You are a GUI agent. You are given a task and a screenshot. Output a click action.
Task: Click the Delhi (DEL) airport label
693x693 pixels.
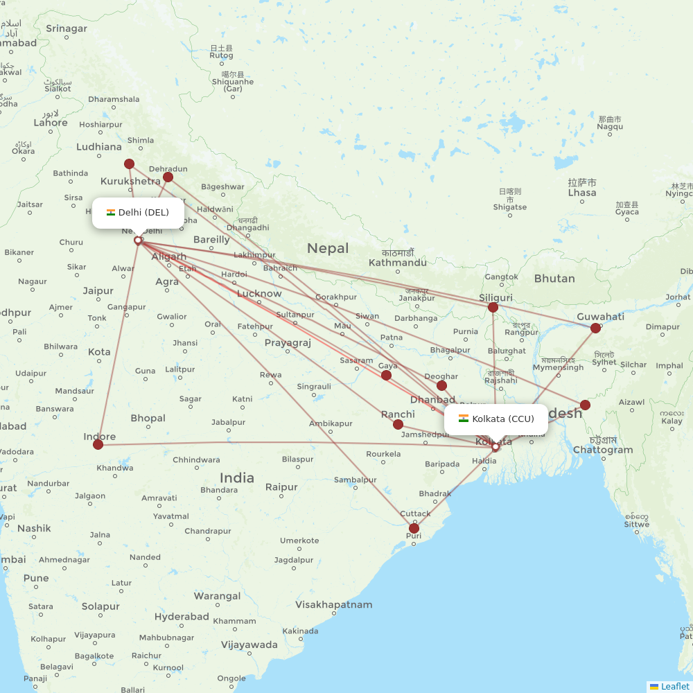143,213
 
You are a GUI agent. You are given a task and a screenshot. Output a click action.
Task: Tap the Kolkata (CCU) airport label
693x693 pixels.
502,419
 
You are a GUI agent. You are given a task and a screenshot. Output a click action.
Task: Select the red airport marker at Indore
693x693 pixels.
98,444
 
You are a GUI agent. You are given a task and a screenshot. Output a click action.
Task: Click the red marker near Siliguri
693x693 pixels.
493,307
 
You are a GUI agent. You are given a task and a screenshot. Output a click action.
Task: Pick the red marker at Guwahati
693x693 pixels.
595,328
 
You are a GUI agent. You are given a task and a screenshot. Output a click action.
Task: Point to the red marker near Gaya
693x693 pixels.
386,375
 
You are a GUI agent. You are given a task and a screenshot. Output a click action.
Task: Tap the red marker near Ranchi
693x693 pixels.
398,424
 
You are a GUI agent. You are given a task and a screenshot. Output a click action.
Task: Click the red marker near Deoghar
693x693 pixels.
441,385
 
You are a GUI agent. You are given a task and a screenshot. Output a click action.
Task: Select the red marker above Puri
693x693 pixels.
414,528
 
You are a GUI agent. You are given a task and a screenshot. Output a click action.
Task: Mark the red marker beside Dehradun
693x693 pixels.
168,177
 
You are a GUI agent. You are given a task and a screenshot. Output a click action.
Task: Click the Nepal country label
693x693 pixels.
328,248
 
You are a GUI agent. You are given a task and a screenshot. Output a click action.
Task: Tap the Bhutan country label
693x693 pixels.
554,279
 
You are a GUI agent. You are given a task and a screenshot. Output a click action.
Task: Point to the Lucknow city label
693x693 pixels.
259,294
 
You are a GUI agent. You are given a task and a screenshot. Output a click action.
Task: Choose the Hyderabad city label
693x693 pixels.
182,617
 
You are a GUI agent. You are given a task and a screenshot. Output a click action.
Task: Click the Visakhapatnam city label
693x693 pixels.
333,604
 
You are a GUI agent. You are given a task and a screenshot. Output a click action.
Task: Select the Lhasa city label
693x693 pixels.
581,193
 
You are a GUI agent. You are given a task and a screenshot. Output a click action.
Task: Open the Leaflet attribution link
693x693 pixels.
674,686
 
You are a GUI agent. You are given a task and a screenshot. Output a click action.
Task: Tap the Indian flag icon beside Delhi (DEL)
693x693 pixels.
111,213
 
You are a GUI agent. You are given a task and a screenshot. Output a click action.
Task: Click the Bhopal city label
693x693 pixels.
148,418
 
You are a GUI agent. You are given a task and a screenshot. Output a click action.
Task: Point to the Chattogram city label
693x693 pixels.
603,450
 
